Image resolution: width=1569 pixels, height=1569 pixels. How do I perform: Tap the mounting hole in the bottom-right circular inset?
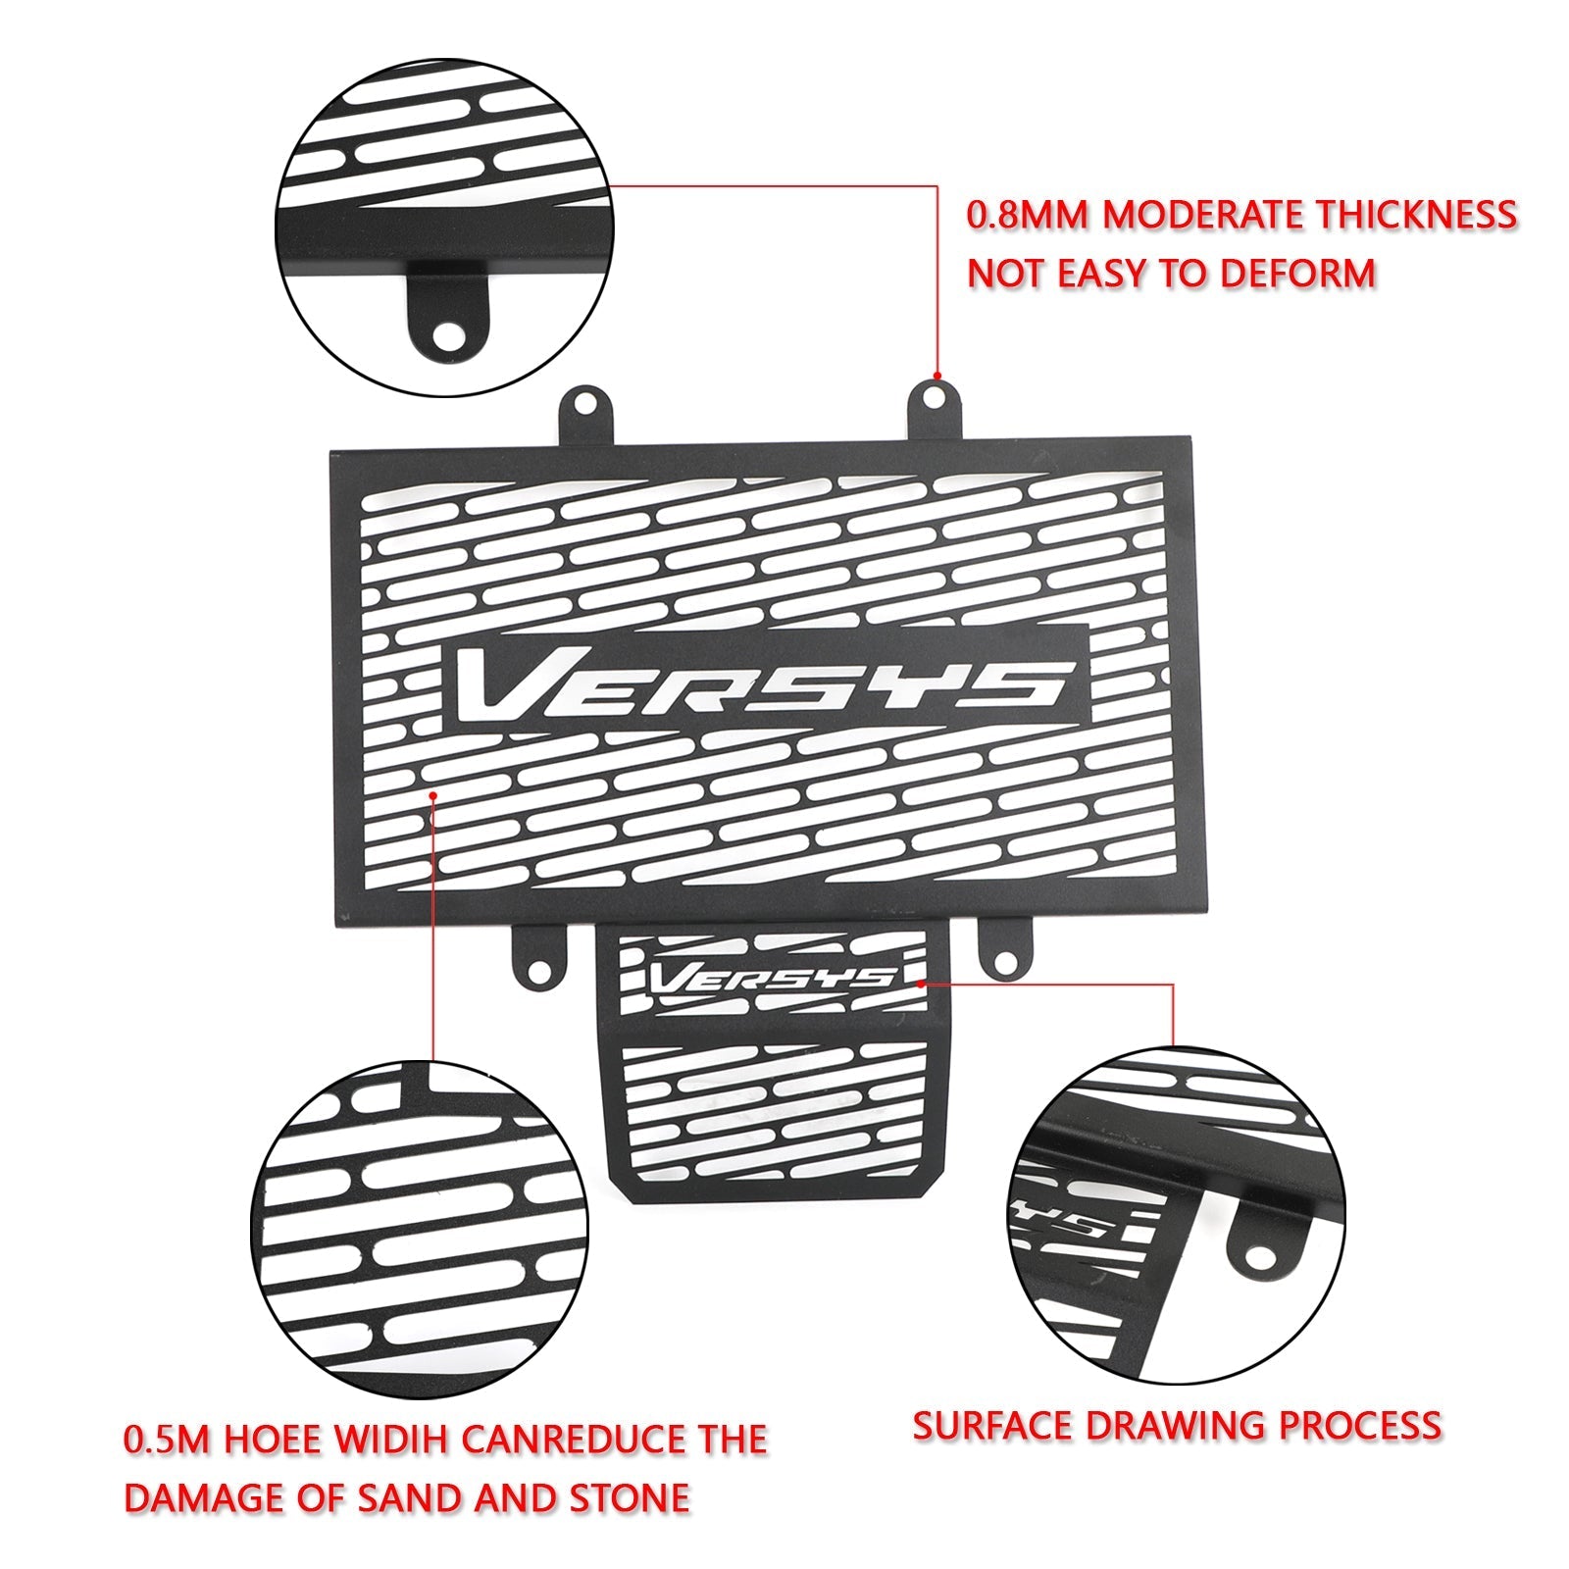1258,1256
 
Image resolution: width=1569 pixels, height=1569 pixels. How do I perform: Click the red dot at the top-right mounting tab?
937,376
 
